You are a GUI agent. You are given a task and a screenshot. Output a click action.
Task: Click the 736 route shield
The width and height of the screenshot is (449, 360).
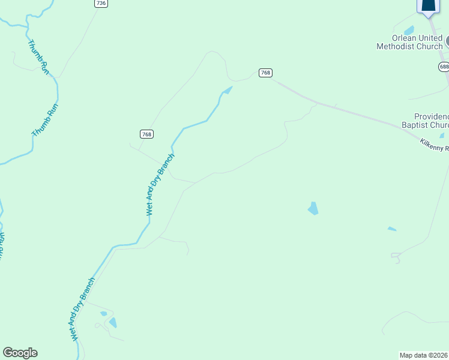coord(101,4)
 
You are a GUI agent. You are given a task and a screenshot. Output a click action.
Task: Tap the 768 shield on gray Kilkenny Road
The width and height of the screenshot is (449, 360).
coord(266,73)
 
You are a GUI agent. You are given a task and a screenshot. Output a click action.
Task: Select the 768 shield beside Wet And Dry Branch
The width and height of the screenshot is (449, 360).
coord(146,134)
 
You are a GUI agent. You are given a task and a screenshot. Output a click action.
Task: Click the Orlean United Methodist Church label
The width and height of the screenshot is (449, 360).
coord(409,42)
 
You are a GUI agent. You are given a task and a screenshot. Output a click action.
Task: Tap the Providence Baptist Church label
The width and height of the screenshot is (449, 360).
coord(432,121)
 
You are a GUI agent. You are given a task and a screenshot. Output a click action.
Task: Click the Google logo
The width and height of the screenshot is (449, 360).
coord(20,353)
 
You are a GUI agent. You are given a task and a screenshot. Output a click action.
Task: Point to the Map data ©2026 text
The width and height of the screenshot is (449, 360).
coord(424,355)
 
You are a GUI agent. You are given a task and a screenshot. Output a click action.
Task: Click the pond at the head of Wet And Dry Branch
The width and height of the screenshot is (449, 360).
coord(227,91)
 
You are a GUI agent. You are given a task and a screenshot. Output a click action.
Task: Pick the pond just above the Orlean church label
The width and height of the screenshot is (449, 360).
coord(409,30)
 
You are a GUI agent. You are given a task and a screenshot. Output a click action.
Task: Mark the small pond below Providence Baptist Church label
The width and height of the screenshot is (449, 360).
coord(442,136)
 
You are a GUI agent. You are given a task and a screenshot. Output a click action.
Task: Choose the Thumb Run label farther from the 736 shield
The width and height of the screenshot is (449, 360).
coord(46,120)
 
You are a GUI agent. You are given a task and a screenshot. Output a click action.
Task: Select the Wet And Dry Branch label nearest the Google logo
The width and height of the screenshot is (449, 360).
coord(82,309)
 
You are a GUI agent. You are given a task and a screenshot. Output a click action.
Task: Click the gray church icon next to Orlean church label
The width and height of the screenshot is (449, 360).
coord(447,42)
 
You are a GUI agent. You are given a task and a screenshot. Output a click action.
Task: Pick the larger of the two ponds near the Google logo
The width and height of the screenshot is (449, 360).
coord(112,323)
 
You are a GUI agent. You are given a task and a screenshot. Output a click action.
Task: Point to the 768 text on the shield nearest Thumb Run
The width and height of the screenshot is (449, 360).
coord(146,134)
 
